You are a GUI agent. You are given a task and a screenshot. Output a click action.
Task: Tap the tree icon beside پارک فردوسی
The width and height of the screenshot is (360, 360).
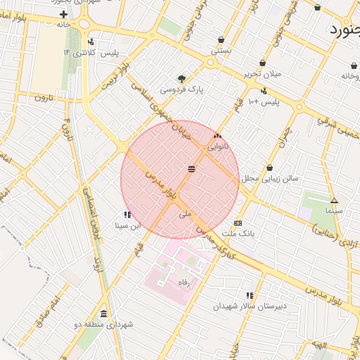(x=182, y=78)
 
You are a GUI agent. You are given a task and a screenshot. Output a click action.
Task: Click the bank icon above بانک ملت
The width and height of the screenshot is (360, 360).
(x=238, y=223)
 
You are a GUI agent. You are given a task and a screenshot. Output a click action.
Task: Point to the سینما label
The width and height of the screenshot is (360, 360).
(x=333, y=210)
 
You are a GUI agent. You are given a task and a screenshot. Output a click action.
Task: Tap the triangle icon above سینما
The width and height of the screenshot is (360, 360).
(x=334, y=200)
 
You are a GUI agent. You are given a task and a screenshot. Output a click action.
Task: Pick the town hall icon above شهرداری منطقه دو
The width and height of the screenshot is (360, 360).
(x=104, y=314)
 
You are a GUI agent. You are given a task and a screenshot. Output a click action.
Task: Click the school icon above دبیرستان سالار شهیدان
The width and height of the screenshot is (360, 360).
(x=249, y=295)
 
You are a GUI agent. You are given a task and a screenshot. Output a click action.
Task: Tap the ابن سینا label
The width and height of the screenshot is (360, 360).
(x=127, y=226)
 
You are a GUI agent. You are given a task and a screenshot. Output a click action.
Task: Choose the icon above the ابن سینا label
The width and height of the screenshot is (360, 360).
(x=127, y=214)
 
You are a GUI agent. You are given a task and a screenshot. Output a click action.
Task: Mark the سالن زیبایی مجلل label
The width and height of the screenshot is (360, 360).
(x=271, y=178)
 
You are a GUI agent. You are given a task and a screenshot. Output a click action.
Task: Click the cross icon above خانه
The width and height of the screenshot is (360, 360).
(x=64, y=14)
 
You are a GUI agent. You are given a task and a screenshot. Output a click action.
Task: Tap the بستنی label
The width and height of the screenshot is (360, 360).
(x=221, y=51)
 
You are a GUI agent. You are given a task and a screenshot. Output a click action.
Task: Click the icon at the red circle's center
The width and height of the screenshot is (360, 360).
(x=191, y=169)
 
